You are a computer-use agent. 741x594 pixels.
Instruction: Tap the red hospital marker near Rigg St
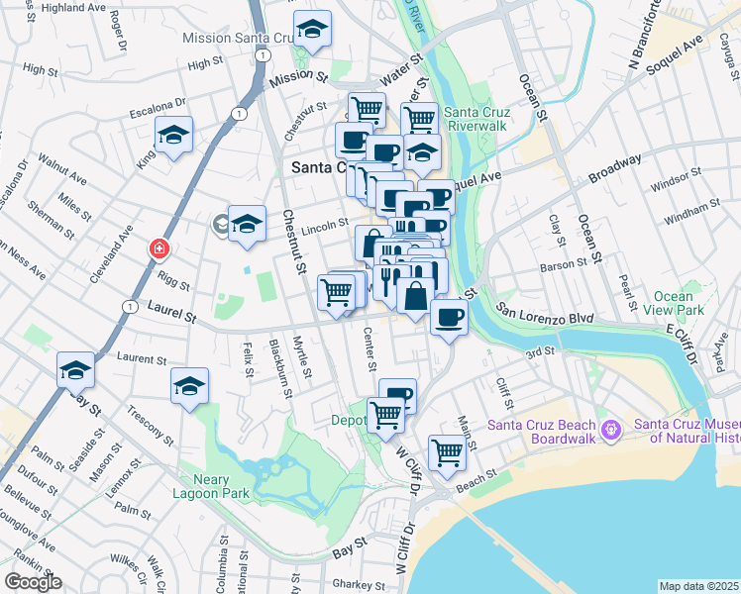[157, 248]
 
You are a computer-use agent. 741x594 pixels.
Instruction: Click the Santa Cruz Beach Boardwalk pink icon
[611, 430]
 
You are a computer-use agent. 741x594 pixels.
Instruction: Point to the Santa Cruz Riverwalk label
[476, 119]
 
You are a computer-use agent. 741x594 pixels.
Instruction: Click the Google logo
[34, 582]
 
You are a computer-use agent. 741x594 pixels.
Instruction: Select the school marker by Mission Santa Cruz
[312, 32]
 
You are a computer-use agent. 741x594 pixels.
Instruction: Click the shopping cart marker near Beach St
[447, 452]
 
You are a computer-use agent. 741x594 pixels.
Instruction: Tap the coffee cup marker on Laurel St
[449, 318]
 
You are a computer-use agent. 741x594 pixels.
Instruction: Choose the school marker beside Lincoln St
[247, 223]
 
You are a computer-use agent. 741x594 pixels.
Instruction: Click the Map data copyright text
[699, 586]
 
